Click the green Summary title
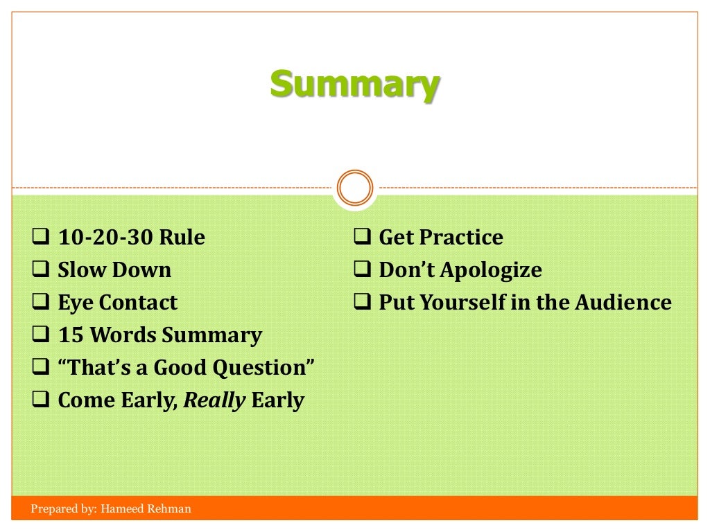[x=354, y=85]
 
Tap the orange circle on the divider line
[x=354, y=188]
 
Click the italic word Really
[x=214, y=401]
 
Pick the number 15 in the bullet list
[x=71, y=335]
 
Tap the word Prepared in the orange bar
[x=53, y=509]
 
